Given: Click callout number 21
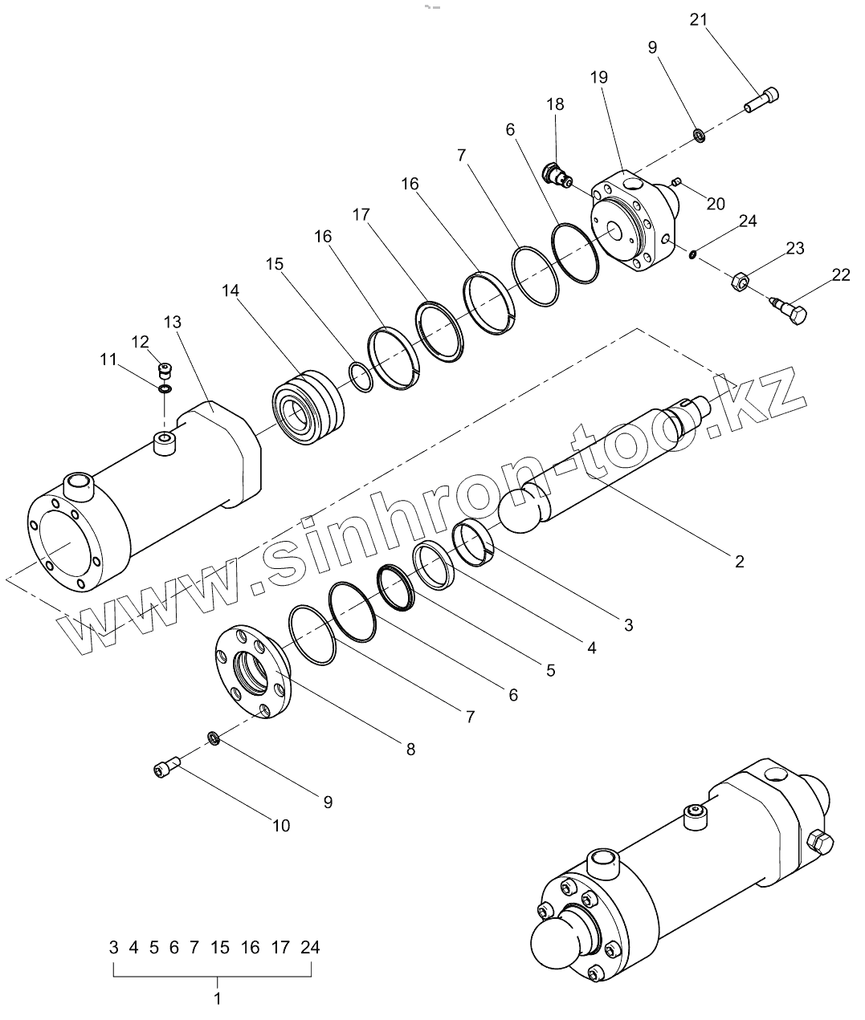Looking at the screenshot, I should pos(698,20).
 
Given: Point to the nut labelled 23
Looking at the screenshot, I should pos(740,281).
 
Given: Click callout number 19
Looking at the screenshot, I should pos(598,78).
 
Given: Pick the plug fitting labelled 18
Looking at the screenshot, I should pos(556,173).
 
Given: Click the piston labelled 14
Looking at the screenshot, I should pos(308,406).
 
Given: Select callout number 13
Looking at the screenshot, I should pos(172,322).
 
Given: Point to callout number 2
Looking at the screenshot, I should pos(739,561).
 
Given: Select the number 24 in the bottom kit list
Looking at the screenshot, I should pos(310,948).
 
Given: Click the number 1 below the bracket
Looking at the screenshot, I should pos(217,998).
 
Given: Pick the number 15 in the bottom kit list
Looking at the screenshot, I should pos(220,948).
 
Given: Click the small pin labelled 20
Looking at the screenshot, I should pos(677,181).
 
